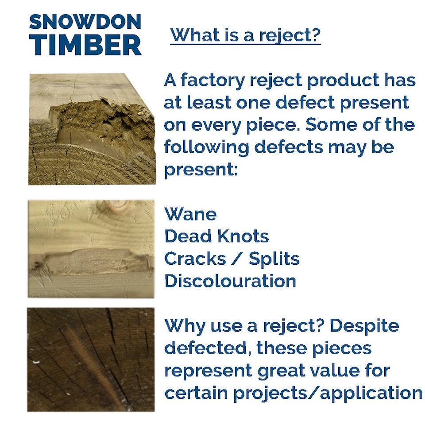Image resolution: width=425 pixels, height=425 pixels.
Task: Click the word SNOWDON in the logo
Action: coord(85,22)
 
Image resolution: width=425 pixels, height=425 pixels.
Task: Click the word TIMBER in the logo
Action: coord(85,44)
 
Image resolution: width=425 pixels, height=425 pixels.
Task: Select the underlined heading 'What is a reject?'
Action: coord(245,35)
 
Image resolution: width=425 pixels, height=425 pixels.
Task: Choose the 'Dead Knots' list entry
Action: coord(216,236)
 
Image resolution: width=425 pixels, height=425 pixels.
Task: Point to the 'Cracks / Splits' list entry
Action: coord(232,259)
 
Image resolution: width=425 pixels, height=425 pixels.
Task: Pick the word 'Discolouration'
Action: coord(230,281)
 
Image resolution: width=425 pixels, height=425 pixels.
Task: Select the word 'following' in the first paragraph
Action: coord(207,147)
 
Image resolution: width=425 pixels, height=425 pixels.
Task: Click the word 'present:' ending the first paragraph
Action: coord(201,169)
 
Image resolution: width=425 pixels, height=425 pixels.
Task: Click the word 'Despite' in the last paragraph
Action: coord(364,326)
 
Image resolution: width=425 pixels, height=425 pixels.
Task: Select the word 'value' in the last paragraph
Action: coord(337,371)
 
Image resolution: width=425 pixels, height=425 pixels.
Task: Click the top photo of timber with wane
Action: coord(92,129)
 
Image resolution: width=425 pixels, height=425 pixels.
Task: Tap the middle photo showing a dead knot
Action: coord(91,248)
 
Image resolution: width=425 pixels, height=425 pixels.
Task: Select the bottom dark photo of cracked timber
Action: coord(91,359)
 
